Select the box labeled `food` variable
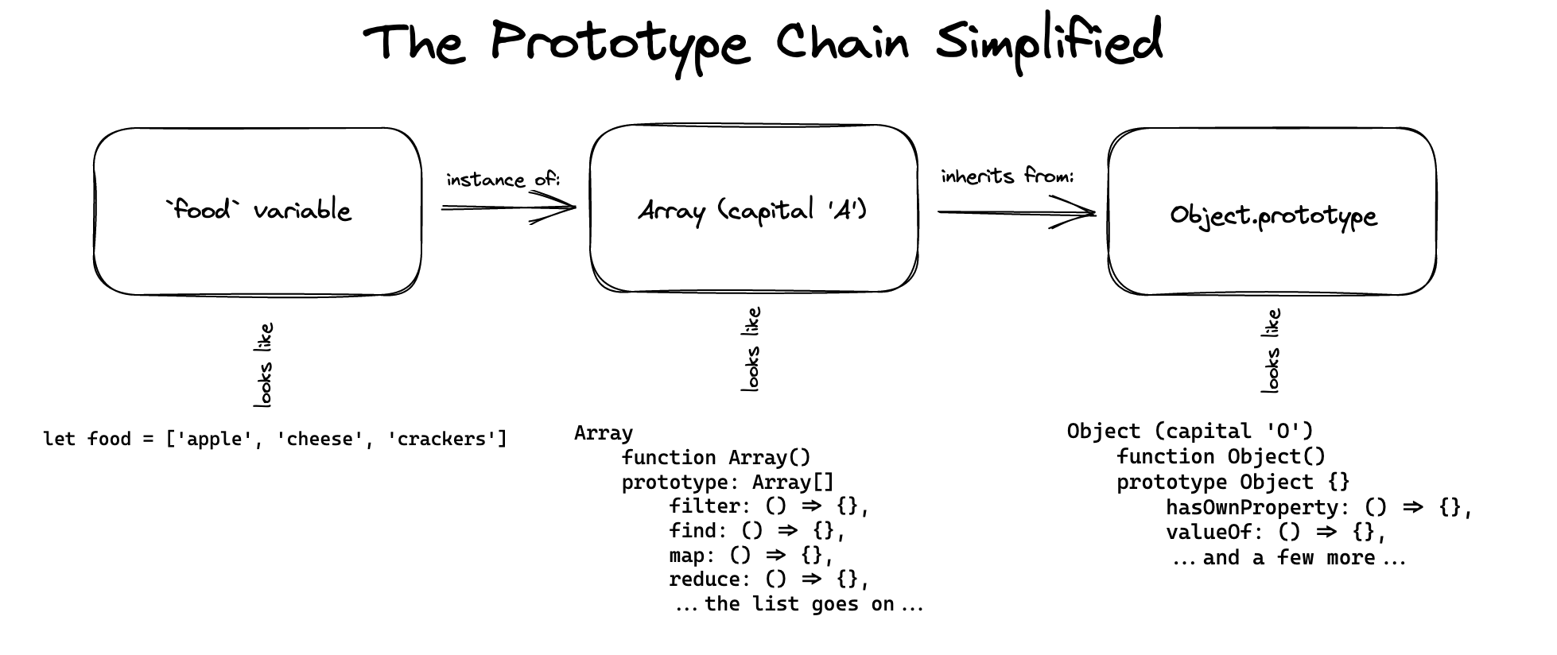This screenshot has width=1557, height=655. coord(258,211)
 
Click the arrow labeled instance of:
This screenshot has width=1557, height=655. coord(509,208)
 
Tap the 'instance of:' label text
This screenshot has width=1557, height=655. coord(503,180)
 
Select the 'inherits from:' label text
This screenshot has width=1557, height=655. coord(1007,176)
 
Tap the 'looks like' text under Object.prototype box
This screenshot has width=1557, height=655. coord(1271,351)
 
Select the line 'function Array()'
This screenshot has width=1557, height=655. coord(716,458)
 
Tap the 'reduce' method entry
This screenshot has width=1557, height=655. coord(708,579)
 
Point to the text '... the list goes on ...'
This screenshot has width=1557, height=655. coord(798,604)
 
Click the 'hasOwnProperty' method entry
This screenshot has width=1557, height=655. coord(1252,507)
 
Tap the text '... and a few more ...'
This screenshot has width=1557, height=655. coord(1288,558)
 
